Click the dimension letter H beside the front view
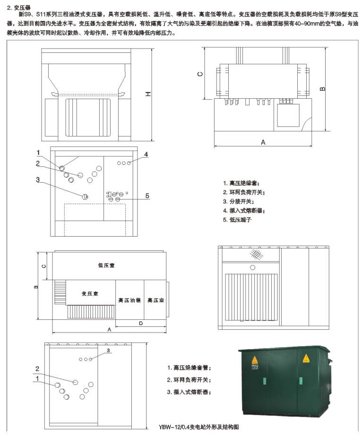pyautogui.click(x=148, y=94)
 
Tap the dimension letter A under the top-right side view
pyautogui.click(x=263, y=142)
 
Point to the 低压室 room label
pyautogui.click(x=106, y=265)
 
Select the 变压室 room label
pyautogui.click(x=89, y=293)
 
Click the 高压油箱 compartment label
pyautogui.click(x=129, y=300)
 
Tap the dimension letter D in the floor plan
pyautogui.click(x=140, y=323)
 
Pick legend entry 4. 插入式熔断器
pyautogui.click(x=243, y=210)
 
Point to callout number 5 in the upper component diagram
pyautogui.click(x=147, y=196)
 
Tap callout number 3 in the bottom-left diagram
pyautogui.click(x=108, y=350)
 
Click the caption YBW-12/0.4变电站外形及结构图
pyautogui.click(x=199, y=426)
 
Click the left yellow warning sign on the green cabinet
pyautogui.click(x=255, y=360)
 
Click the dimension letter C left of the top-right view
pyautogui.click(x=200, y=74)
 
